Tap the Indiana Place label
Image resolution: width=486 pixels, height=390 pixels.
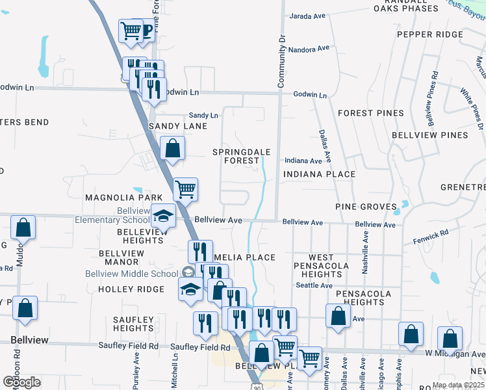click(x=319, y=174)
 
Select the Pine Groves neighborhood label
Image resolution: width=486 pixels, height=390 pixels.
click(x=366, y=207)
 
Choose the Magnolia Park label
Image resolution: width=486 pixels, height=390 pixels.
click(x=114, y=197)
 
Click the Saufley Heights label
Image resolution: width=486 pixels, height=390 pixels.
click(x=133, y=324)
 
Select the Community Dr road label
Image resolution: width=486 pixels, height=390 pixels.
click(x=282, y=62)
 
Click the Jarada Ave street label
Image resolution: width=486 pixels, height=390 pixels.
click(x=307, y=16)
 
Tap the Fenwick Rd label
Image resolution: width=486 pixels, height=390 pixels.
click(x=431, y=237)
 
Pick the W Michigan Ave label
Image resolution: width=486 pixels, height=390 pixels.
click(x=455, y=354)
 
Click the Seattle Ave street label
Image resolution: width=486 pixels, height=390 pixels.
click(x=309, y=285)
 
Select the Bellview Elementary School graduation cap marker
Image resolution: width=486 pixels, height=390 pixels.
click(x=164, y=216)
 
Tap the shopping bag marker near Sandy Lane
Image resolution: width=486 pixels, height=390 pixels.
click(x=172, y=148)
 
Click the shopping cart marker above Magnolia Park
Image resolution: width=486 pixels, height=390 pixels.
click(x=186, y=190)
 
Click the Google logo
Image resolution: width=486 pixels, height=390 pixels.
click(x=21, y=382)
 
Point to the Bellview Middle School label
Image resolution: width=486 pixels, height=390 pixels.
click(x=132, y=274)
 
